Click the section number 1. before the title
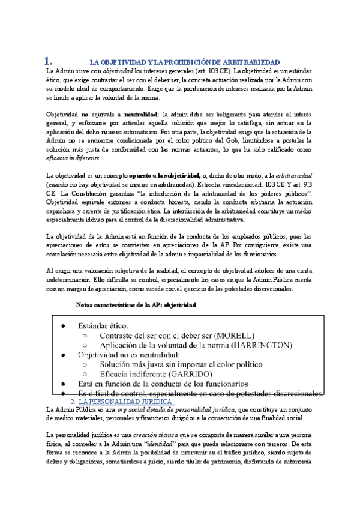(49, 61)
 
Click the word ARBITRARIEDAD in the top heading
(253, 62)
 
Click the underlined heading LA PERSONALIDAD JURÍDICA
(126, 401)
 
